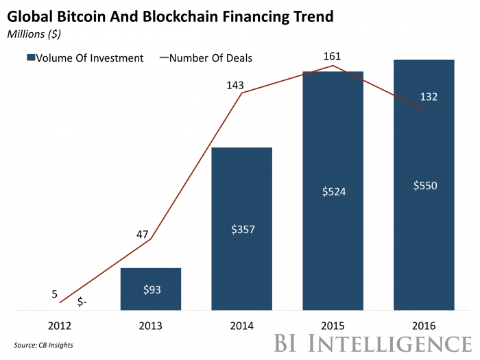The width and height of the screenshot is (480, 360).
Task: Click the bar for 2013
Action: click(150, 289)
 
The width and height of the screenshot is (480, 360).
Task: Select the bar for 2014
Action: click(241, 228)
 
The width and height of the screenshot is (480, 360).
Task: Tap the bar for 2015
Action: click(333, 191)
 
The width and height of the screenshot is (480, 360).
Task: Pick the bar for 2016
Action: click(424, 185)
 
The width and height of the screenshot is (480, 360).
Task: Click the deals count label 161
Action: click(333, 56)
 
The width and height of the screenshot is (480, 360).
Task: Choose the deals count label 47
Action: click(142, 234)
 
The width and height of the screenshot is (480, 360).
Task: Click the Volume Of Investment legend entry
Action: click(86, 58)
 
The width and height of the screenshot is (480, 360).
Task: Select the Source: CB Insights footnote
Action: click(43, 344)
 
